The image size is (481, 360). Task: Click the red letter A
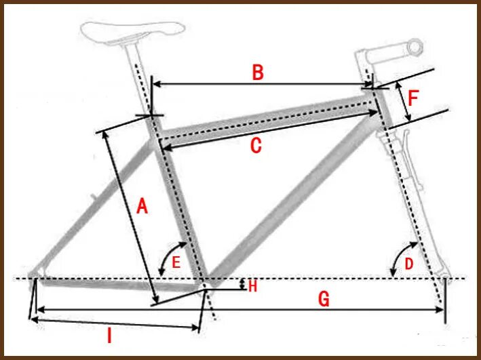(x=141, y=206)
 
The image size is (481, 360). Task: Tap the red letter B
(x=257, y=73)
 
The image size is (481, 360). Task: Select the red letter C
(x=255, y=146)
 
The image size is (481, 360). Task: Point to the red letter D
(x=408, y=263)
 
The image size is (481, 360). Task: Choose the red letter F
(x=414, y=99)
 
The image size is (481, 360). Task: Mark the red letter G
(x=324, y=298)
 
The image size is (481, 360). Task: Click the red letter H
(x=252, y=286)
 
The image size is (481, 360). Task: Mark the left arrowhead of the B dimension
(x=154, y=84)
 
